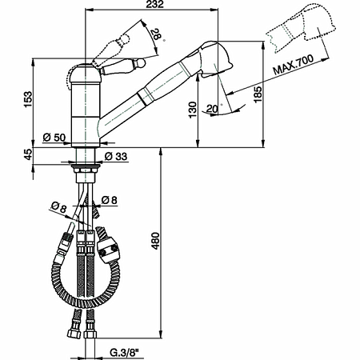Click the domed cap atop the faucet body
tap(83, 71)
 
